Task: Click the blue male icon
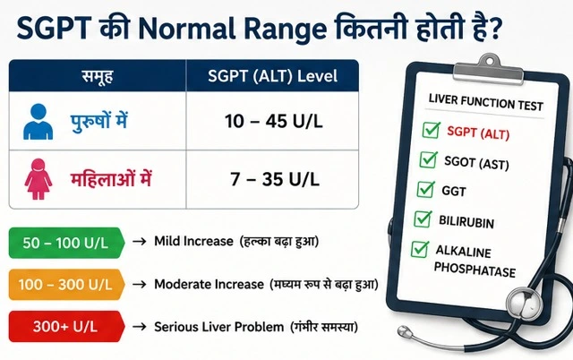point(38,122)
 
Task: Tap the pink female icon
point(38,179)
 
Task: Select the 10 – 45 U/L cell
point(272,121)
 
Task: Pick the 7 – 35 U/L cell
point(272,179)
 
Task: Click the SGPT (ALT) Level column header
point(272,76)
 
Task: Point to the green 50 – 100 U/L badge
point(66,243)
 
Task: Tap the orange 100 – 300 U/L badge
point(66,285)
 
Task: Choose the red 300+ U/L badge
point(66,326)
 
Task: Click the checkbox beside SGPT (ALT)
point(431,130)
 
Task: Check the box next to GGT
point(426,189)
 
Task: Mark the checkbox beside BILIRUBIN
point(423,219)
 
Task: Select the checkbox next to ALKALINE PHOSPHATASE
point(420,249)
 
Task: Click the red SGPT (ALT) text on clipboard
point(478,133)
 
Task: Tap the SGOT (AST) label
point(476,162)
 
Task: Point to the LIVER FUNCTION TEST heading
point(485,102)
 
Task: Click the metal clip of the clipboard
point(489,71)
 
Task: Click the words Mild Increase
point(193,241)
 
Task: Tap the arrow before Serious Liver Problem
point(140,326)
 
